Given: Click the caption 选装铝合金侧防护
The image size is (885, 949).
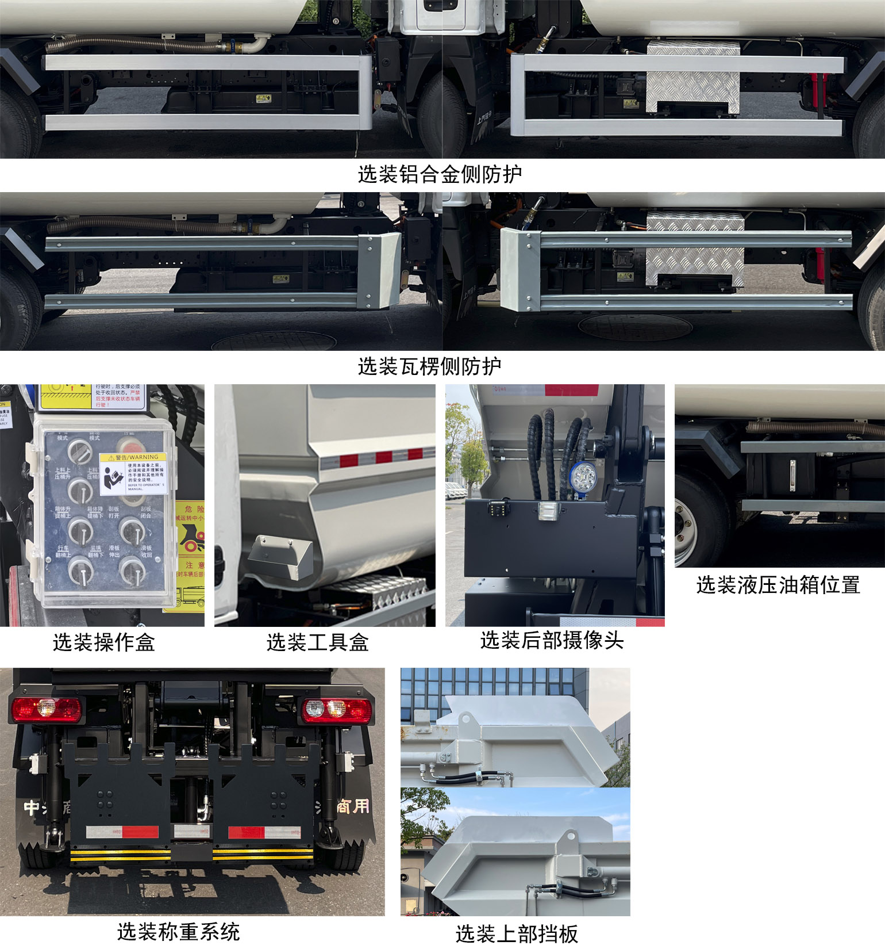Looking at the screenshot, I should click(x=440, y=174).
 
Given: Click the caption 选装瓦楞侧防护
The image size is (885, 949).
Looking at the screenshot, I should click(x=429, y=366).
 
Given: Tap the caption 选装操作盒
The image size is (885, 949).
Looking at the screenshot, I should click(x=104, y=642).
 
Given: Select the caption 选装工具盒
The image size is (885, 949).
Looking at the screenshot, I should click(x=317, y=642).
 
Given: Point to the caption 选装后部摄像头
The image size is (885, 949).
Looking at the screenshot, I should click(x=552, y=640).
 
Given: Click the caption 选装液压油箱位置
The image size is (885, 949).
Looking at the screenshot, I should click(x=778, y=585).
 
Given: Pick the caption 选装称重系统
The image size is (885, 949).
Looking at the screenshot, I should click(x=178, y=932).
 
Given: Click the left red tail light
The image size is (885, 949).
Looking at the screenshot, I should click(x=46, y=710).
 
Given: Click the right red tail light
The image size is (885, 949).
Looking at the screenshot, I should click(x=336, y=710).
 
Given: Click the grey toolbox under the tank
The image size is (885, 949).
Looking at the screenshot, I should click(x=280, y=557).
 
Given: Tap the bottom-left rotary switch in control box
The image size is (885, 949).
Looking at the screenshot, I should click(x=80, y=571).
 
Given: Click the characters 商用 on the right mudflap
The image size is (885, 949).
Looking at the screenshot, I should click(x=352, y=806).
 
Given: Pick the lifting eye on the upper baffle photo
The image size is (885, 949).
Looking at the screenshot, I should click(x=465, y=720).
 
